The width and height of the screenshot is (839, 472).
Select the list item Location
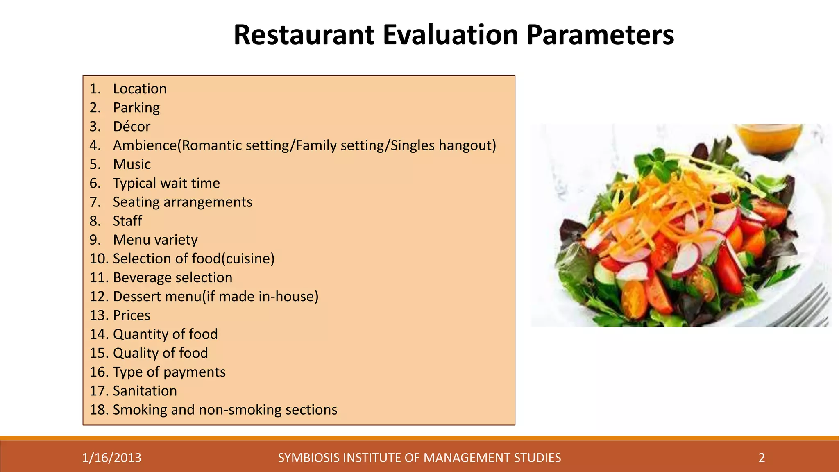(x=140, y=89)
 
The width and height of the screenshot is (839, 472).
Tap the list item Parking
(x=136, y=108)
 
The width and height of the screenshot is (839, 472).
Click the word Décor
(x=132, y=127)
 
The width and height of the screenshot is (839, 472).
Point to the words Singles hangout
(x=442, y=145)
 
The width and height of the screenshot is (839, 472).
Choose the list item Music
(x=132, y=164)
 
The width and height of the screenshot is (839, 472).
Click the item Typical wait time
(x=166, y=183)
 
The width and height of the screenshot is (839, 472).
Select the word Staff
(x=127, y=221)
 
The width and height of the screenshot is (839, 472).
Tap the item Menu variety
(x=155, y=240)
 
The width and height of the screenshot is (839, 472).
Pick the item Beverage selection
(x=172, y=278)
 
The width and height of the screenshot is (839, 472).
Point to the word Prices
(x=132, y=315)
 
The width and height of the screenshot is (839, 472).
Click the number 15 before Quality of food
(x=98, y=353)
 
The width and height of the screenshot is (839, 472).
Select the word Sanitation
(x=145, y=391)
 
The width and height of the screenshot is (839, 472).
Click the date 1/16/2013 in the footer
(x=111, y=458)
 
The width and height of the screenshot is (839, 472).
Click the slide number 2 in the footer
(x=762, y=458)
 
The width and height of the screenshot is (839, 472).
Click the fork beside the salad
(x=803, y=307)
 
